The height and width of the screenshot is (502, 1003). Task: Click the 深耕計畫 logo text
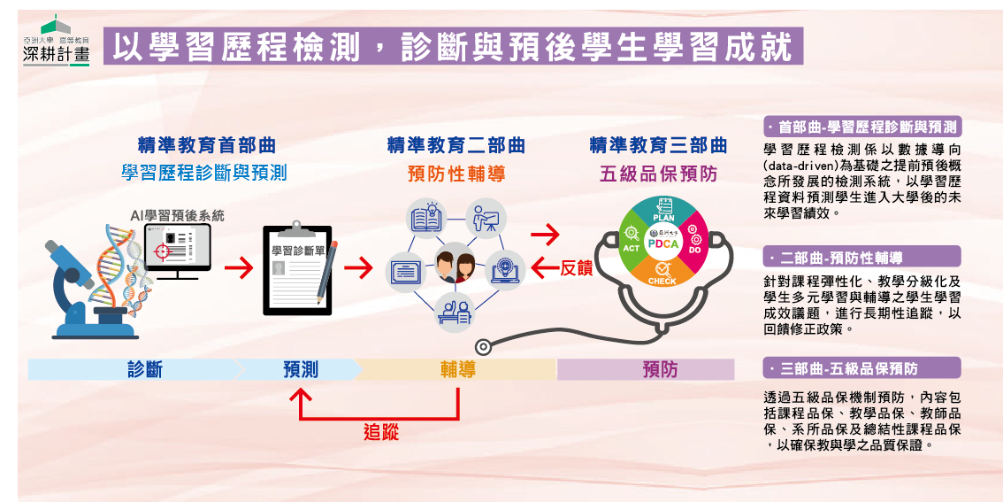click(x=56, y=56)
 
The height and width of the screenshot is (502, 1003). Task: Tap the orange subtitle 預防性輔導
click(x=456, y=174)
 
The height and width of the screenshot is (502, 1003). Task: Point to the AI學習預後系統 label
click(x=178, y=215)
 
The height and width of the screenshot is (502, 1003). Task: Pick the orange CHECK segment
click(x=662, y=273)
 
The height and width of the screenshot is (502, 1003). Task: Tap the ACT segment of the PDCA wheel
click(x=632, y=243)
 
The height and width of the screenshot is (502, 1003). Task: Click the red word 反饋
click(x=576, y=267)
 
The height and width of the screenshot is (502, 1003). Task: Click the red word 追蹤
click(x=381, y=432)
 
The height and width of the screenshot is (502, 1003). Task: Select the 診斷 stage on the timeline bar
click(x=144, y=369)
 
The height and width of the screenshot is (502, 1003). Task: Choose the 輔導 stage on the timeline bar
click(x=457, y=369)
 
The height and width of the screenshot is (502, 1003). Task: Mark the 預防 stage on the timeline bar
click(x=659, y=369)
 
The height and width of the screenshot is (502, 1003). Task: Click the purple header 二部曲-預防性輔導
click(x=861, y=257)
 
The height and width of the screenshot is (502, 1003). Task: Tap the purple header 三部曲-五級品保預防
click(x=861, y=368)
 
